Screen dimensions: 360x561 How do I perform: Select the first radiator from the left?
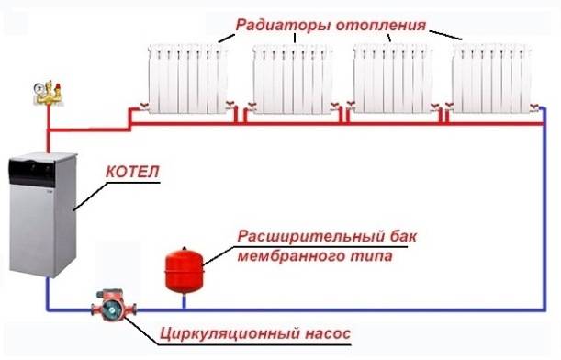[x=187, y=81]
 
